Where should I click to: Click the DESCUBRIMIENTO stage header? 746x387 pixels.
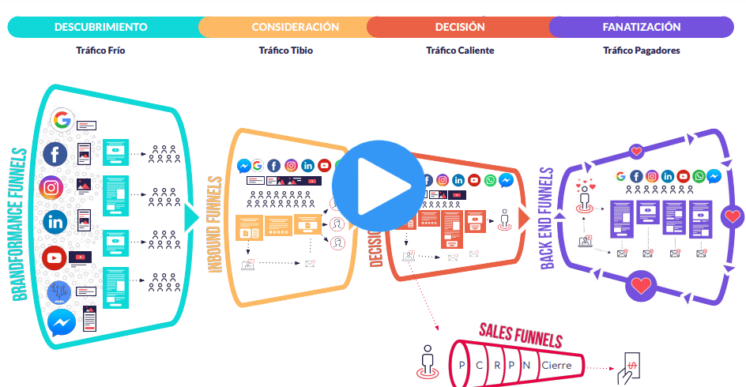(x=100, y=27)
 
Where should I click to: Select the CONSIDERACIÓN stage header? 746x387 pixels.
(x=295, y=27)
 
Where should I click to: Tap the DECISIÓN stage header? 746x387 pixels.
(x=460, y=27)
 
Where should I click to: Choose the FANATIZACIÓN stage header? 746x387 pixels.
(x=641, y=27)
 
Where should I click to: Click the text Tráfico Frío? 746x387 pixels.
(x=100, y=51)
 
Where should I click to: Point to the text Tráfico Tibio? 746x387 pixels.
(x=285, y=51)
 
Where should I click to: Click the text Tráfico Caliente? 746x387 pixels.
(x=460, y=51)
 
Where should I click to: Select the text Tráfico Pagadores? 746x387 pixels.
(x=641, y=51)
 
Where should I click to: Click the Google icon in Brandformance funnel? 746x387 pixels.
(x=61, y=121)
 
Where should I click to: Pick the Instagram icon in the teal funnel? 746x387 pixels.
(x=51, y=187)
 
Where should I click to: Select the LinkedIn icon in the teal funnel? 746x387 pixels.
(x=55, y=221)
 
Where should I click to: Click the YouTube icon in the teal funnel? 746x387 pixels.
(x=54, y=257)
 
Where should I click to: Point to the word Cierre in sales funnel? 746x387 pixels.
(x=556, y=366)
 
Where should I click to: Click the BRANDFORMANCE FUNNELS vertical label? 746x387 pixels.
(x=20, y=224)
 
